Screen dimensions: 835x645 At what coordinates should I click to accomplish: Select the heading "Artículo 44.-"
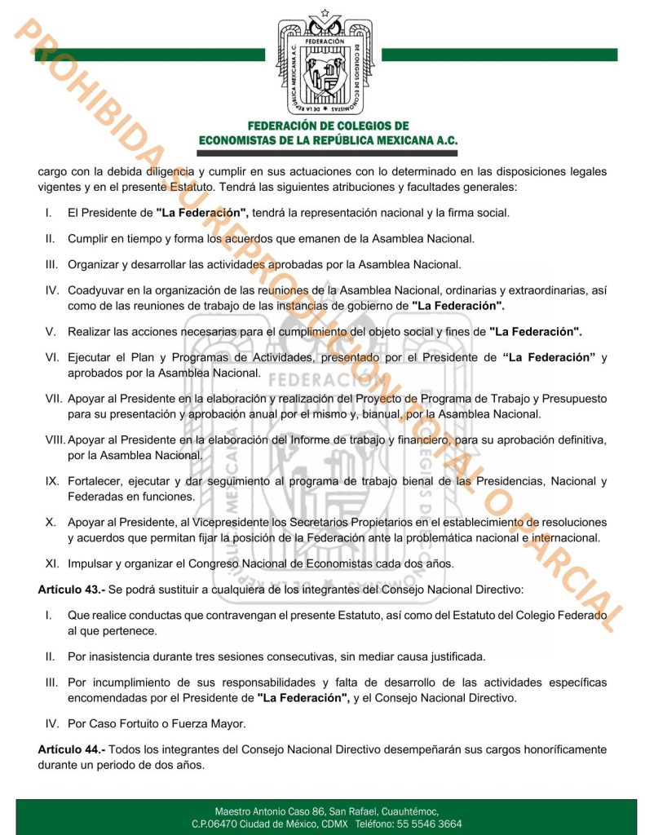(x=71, y=749)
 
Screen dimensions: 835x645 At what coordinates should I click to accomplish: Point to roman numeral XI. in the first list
(x=51, y=564)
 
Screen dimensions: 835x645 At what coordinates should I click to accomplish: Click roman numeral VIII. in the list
(x=55, y=440)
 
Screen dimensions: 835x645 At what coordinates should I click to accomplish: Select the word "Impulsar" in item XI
(x=91, y=564)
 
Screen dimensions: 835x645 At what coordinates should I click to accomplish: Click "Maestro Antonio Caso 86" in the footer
(x=270, y=811)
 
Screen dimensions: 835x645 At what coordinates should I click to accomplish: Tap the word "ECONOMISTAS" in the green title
(x=243, y=140)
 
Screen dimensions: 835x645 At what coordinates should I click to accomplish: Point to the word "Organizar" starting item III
(x=95, y=264)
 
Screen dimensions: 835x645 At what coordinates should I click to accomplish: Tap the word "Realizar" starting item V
(x=91, y=332)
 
